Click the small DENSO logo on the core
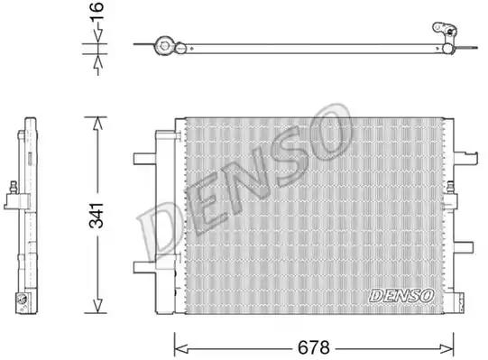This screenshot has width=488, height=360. (x=401, y=295)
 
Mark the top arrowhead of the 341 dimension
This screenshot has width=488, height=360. (x=98, y=121)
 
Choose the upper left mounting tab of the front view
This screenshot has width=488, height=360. (x=144, y=160)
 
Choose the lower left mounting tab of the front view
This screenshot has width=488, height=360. (x=144, y=266)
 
